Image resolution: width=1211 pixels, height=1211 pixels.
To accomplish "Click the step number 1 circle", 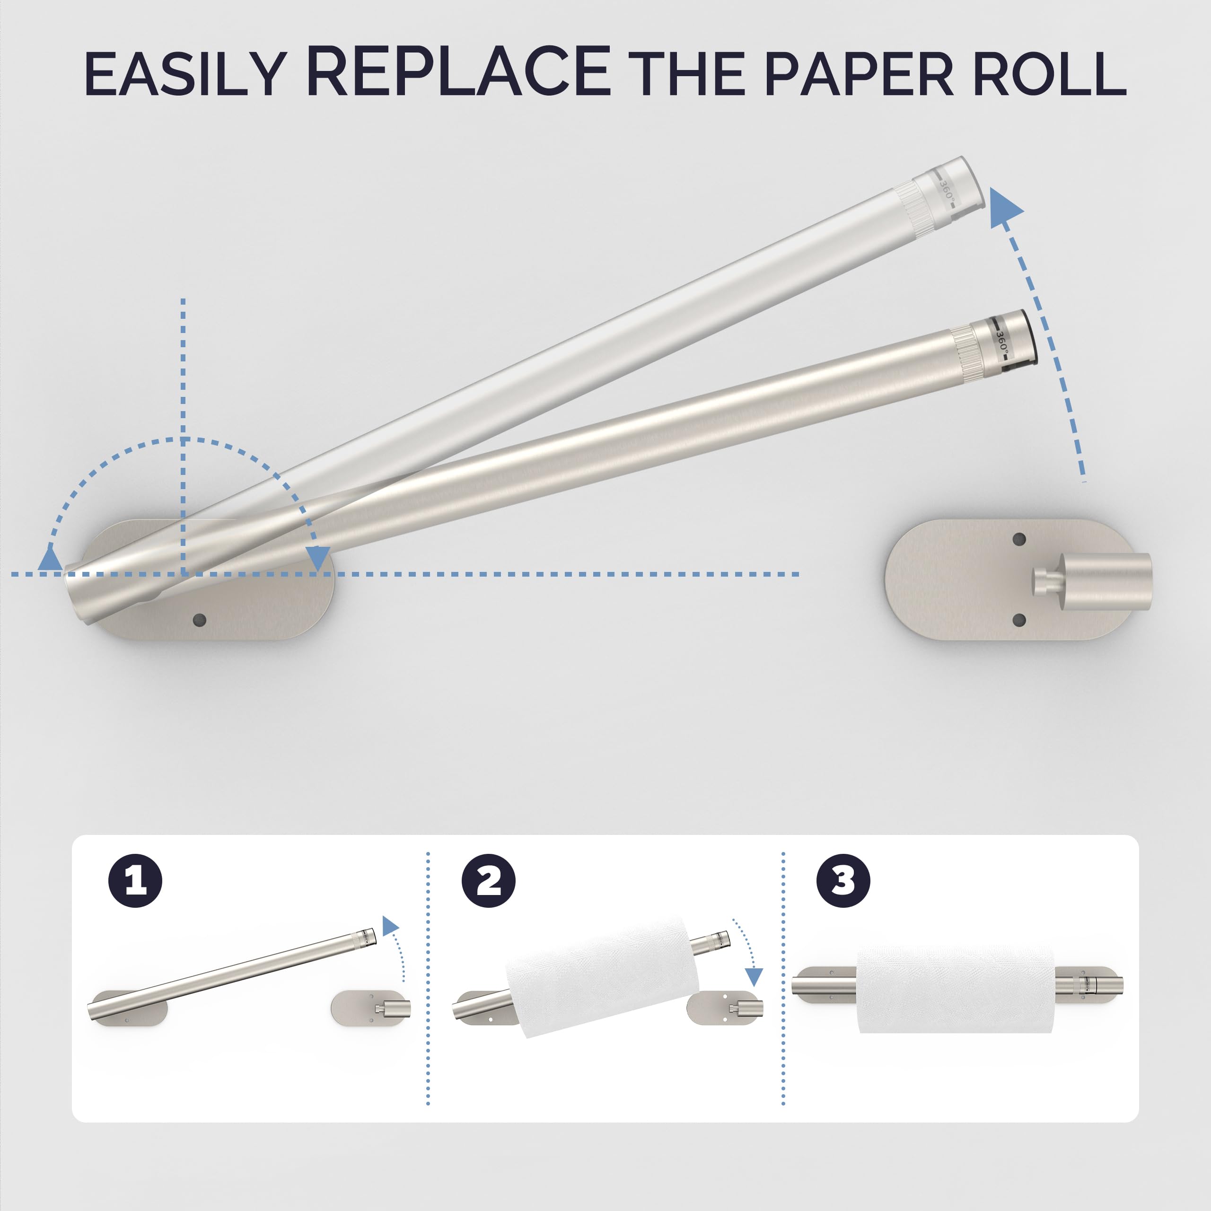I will tap(135, 881).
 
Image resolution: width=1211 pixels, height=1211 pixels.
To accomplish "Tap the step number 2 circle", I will tap(488, 881).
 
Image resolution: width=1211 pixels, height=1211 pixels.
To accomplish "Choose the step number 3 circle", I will tap(843, 881).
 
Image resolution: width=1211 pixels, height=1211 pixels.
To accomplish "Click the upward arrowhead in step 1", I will tap(390, 926).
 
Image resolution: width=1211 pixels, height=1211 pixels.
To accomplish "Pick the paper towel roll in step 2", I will tap(602, 974).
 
